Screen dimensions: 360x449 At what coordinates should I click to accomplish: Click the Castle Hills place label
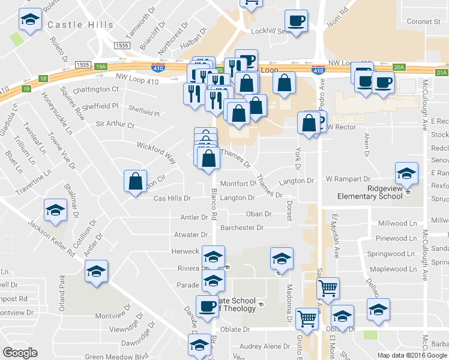click(80, 25)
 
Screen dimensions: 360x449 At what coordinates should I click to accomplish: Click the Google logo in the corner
click(20, 353)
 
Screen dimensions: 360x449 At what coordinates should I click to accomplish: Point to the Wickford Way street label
click(156, 152)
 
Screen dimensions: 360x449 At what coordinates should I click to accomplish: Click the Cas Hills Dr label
click(172, 198)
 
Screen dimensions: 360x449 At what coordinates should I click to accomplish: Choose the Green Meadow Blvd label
click(116, 356)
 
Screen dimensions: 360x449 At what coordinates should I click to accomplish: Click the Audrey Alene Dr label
click(265, 346)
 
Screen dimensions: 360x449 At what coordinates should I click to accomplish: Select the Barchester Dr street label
click(242, 228)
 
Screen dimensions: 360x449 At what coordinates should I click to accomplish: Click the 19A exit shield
click(101, 67)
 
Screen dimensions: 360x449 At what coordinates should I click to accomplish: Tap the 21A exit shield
click(442, 73)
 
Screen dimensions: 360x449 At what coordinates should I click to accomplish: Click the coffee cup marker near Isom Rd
click(296, 22)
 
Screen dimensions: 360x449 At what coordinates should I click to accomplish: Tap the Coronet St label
click(424, 22)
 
